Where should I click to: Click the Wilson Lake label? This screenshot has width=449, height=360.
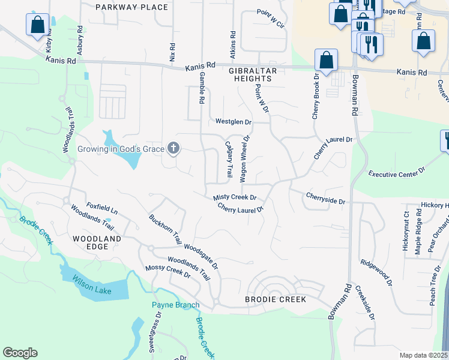pyautogui.click(x=88, y=281)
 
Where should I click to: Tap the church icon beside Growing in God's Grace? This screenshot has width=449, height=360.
pyautogui.click(x=173, y=148)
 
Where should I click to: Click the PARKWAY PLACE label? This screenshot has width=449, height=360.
pyautogui.click(x=132, y=7)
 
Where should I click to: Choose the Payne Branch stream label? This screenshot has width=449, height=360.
pyautogui.click(x=175, y=305)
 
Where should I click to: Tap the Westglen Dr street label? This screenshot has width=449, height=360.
pyautogui.click(x=234, y=122)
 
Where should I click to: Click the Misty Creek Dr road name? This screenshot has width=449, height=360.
pyautogui.click(x=235, y=197)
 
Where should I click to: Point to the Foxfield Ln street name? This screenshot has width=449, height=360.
pyautogui.click(x=101, y=208)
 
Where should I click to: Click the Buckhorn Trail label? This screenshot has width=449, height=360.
pyautogui.click(x=164, y=229)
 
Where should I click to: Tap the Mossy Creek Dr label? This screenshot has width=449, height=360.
pyautogui.click(x=167, y=271)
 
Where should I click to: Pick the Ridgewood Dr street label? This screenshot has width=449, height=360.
pyautogui.click(x=376, y=272)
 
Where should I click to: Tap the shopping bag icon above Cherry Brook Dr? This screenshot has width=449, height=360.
pyautogui.click(x=326, y=60)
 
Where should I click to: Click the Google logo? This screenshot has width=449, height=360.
pyautogui.click(x=20, y=353)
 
